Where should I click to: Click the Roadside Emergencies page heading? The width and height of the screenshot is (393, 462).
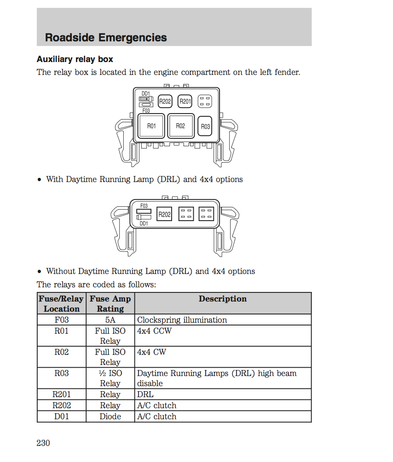pyautogui.click(x=106, y=37)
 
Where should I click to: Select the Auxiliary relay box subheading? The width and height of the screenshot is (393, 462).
pyautogui.click(x=75, y=59)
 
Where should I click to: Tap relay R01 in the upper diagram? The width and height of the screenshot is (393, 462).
pyautogui.click(x=151, y=125)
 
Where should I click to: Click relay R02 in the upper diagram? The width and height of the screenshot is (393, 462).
pyautogui.click(x=180, y=125)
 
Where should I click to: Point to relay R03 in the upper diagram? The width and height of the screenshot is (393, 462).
pyautogui.click(x=205, y=126)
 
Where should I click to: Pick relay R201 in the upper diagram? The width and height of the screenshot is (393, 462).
pyautogui.click(x=185, y=102)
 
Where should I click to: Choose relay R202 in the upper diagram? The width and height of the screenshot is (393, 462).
pyautogui.click(x=165, y=102)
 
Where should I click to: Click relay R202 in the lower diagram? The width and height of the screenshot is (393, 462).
pyautogui.click(x=164, y=214)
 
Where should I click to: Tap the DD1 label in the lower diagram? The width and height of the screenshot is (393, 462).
pyautogui.click(x=144, y=223)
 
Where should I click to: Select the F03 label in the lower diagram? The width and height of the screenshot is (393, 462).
pyautogui.click(x=144, y=205)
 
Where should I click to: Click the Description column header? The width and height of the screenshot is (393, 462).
pyautogui.click(x=223, y=299)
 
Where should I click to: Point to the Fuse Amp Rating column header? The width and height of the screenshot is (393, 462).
pyautogui.click(x=110, y=303)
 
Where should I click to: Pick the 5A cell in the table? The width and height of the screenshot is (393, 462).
pyautogui.click(x=110, y=320)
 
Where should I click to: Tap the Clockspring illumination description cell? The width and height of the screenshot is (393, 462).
pyautogui.click(x=182, y=320)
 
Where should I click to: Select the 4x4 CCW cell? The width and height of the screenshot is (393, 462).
pyautogui.click(x=154, y=331)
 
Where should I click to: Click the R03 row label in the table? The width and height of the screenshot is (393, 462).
pyautogui.click(x=62, y=373)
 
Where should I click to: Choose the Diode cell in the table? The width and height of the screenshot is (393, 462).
pyautogui.click(x=110, y=416)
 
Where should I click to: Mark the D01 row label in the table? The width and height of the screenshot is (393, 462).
pyautogui.click(x=62, y=416)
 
